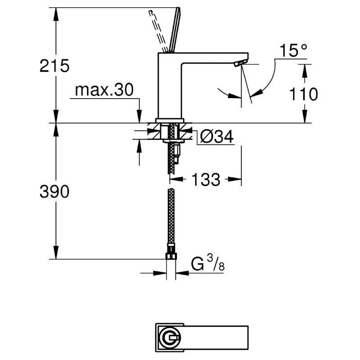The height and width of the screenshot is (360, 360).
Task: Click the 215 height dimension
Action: pos(54,66)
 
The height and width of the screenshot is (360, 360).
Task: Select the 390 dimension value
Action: pos(54,191)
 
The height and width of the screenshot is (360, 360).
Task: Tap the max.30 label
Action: pos(104,90)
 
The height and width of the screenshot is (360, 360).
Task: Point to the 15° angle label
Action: pos(293,50)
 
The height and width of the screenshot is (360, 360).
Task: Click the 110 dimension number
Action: pos(303,94)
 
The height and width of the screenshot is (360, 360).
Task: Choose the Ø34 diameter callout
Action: pos(217,137)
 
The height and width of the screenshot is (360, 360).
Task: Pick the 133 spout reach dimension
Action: pos(206,179)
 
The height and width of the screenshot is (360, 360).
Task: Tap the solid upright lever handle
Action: pos(175,30)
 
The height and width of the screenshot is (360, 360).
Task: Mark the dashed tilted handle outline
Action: pos(158,31)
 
